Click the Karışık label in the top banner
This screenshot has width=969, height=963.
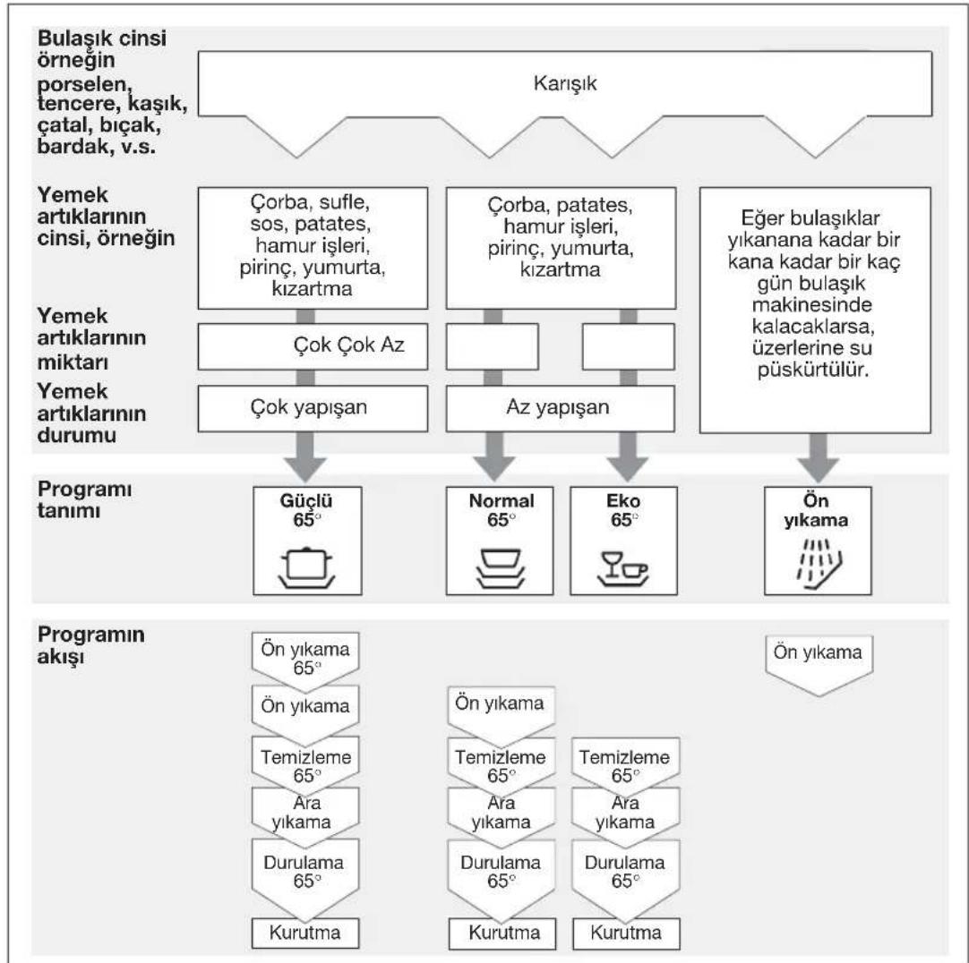565,83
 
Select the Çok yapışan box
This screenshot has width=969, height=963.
313,408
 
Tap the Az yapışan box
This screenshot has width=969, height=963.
561,408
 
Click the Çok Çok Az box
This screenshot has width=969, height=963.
313,346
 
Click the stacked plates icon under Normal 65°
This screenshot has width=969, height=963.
500,568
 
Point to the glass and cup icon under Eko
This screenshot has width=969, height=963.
623,568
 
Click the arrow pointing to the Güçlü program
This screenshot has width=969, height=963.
305,457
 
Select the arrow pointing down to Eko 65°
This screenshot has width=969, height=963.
628,457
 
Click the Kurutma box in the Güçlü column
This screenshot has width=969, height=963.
305,933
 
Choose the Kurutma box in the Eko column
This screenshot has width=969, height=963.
626,933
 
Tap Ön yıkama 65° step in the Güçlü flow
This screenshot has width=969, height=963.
305,659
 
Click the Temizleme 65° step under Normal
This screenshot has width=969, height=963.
501,766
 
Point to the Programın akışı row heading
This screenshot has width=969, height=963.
90,645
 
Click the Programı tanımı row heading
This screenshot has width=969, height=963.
85,499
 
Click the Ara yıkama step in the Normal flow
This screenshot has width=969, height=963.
501,813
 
